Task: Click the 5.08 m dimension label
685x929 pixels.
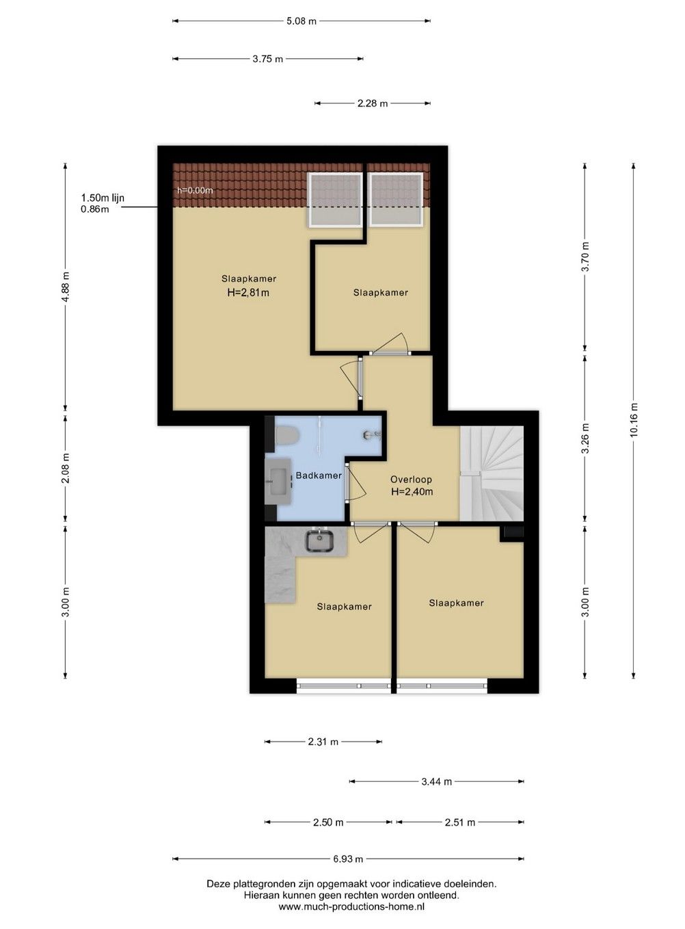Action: (301, 21)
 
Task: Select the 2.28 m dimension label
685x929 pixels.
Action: (372, 103)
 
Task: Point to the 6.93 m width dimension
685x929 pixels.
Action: (348, 859)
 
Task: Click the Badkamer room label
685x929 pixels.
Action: (319, 475)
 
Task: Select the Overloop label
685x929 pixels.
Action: (411, 480)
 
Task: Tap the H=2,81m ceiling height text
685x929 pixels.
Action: (248, 293)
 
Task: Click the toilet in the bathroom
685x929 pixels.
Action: (286, 435)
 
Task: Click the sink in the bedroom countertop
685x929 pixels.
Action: (319, 540)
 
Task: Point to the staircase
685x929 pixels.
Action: (492, 473)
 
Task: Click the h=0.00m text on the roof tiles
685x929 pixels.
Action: (195, 191)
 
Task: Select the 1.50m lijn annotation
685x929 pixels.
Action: (103, 198)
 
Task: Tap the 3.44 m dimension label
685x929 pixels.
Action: (437, 781)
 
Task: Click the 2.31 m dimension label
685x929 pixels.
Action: (323, 742)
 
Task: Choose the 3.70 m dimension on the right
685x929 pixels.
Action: (585, 257)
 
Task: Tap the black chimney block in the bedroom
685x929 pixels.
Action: (511, 532)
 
